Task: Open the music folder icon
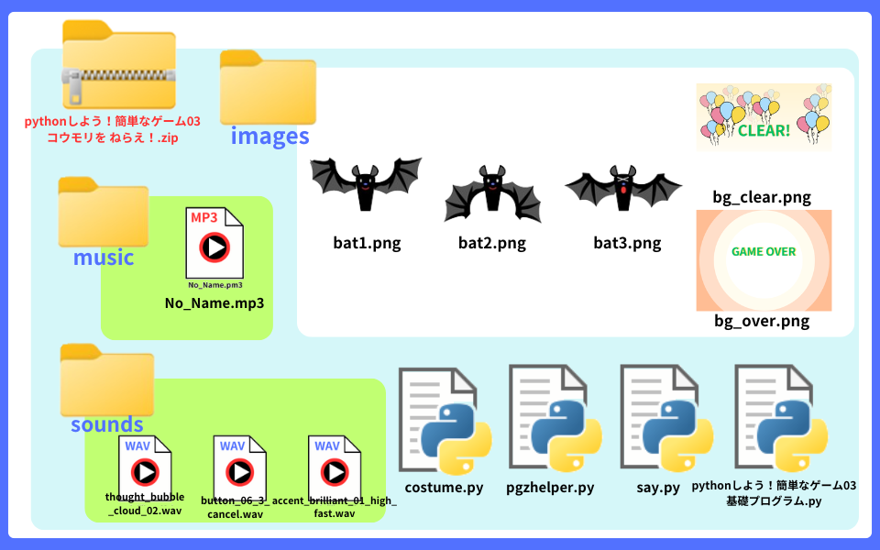[x=103, y=213]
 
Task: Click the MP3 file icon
[x=214, y=244]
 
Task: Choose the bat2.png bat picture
[x=492, y=192]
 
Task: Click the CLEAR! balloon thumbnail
[x=764, y=116]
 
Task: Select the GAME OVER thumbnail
[x=764, y=260]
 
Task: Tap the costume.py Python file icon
[x=445, y=421]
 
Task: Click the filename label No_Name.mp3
[x=214, y=303]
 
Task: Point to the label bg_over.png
[x=762, y=322]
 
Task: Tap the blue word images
[x=269, y=137]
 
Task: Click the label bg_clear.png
[x=762, y=197]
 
